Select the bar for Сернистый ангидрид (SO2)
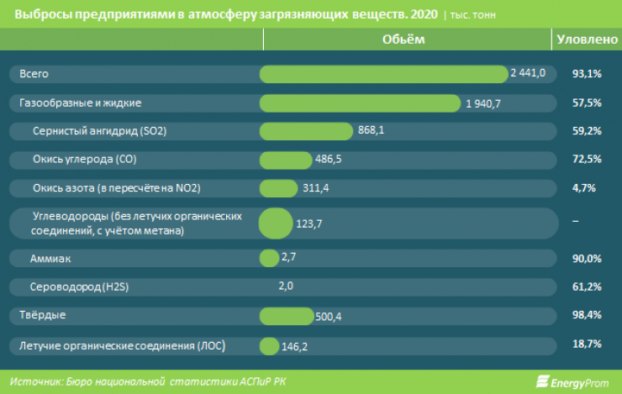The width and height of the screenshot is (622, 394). pos(306,131)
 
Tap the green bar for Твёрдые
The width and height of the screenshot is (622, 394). pos(287,316)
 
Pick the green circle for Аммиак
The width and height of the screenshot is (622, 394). pos(269,258)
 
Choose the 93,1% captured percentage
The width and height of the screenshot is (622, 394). pos(587,74)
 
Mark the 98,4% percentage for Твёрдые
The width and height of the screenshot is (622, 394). pos(587,316)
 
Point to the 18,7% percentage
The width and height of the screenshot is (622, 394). pos(587,345)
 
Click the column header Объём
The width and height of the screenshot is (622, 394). pos(403,39)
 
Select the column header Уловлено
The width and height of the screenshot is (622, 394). pos(587,39)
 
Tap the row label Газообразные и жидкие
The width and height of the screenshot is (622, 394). pos(80,103)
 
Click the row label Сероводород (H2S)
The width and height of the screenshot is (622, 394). pos(80,287)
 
